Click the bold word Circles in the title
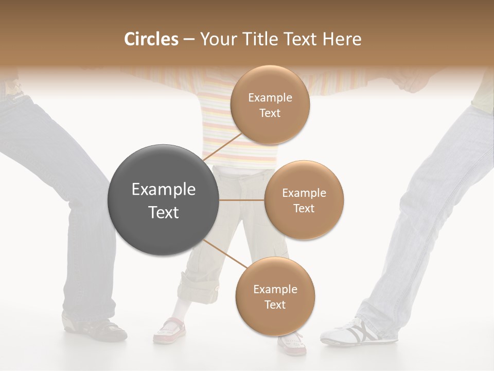[151, 39]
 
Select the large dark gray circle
[163, 200]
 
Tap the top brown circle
[270, 105]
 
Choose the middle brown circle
[304, 200]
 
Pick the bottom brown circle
[275, 296]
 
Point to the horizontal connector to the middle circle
[241, 200]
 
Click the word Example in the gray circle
[164, 190]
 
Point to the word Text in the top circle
[270, 113]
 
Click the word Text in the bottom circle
[275, 305]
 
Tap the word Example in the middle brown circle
[304, 193]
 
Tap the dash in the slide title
[188, 40]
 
